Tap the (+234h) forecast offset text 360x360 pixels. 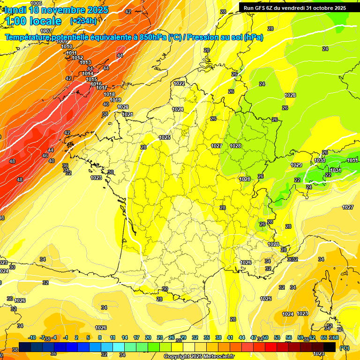pos(83,21)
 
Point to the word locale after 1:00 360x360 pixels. pos(45,21)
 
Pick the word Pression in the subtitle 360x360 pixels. pos(204,37)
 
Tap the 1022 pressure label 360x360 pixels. pos(179,83)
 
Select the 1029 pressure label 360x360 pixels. pos(296,165)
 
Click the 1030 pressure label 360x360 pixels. pos(320,160)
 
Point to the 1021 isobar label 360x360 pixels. pos(127,114)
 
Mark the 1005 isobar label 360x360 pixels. pos(36,3)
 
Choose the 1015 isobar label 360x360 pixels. pos(91,79)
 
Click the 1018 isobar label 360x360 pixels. pos(109,94)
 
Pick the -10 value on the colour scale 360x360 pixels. pos(32,337)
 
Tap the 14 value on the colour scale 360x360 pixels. pos(125,337)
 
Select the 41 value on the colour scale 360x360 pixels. pos(230,337)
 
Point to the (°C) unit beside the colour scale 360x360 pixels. pos(344,348)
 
